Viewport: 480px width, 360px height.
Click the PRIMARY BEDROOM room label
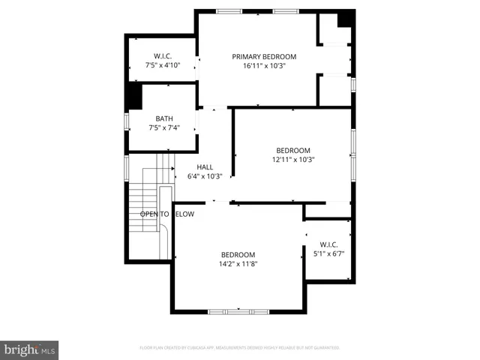(x=264, y=57)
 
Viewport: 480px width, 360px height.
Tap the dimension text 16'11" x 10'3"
(x=264, y=66)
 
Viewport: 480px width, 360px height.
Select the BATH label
(x=163, y=118)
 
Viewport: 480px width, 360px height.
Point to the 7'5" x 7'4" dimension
(x=163, y=127)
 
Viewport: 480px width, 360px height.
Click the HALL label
(x=205, y=167)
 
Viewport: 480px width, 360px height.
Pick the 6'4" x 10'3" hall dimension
(x=205, y=176)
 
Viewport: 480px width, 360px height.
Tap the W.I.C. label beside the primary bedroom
(x=163, y=56)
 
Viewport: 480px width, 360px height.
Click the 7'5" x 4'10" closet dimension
(x=163, y=65)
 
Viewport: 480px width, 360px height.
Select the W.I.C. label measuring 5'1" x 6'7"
(x=328, y=244)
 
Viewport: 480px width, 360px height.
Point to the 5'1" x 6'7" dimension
(x=328, y=253)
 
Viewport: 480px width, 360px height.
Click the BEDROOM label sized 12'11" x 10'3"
(x=292, y=150)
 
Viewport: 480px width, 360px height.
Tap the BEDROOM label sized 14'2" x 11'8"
(x=238, y=254)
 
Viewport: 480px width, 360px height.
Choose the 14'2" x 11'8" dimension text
(x=238, y=263)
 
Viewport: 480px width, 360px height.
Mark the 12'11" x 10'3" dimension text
(x=292, y=159)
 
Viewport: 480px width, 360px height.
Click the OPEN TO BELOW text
(x=167, y=214)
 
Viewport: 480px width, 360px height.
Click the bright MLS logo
(x=30, y=349)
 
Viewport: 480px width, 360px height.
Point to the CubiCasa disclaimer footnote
(x=240, y=348)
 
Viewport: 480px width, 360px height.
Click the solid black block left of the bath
(x=133, y=96)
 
